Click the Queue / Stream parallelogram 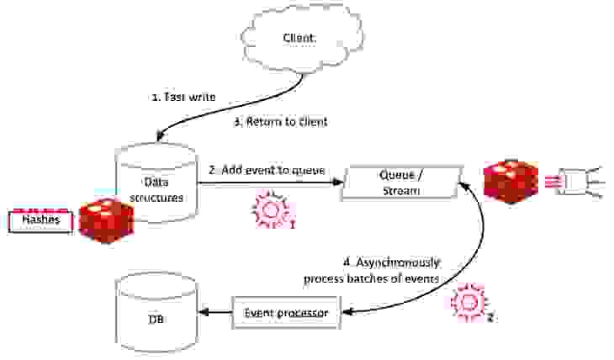pos(400,183)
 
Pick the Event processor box pos(287,313)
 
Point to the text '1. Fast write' pos(184,98)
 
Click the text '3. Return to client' pos(280,122)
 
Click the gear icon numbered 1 pos(269,210)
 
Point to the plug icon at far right pos(581,181)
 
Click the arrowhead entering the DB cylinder pos(203,313)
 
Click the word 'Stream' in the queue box pos(400,191)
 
